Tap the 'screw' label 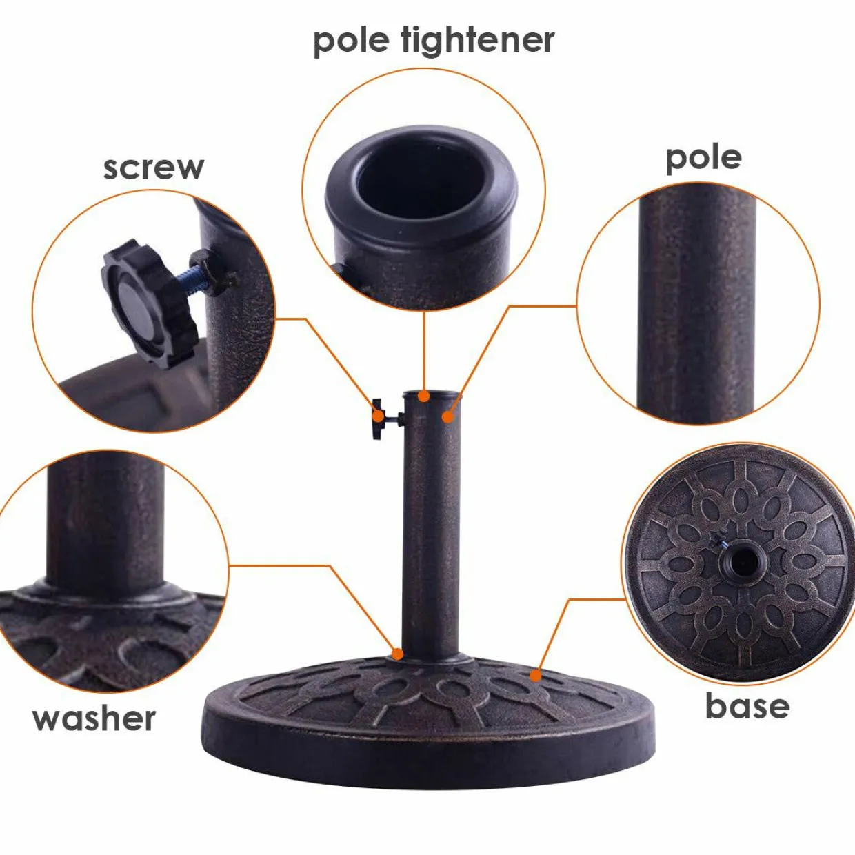pos(154,168)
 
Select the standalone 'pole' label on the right pos(703,159)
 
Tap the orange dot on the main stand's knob pos(379,416)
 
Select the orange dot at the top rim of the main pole pos(425,396)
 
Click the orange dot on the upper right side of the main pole pos(448,417)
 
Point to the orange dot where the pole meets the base pos(398,654)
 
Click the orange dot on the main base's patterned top pos(536,676)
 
